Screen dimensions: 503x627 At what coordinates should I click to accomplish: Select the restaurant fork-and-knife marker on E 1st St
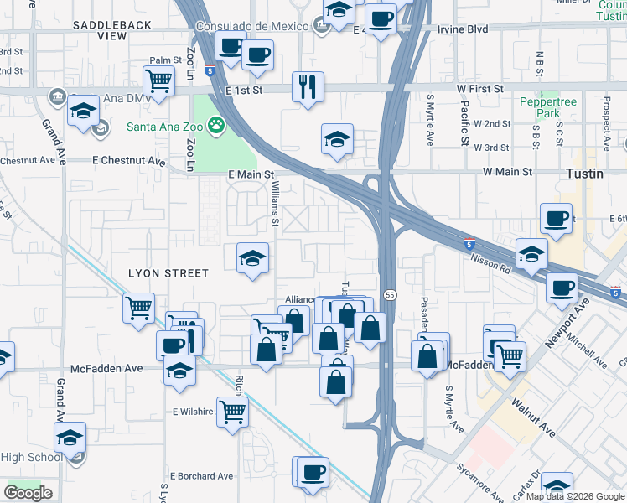(x=308, y=86)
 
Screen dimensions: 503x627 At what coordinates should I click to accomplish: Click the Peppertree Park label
(x=549, y=107)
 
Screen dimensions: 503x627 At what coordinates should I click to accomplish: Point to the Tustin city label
(x=583, y=173)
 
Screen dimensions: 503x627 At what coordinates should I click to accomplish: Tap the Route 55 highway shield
(x=391, y=295)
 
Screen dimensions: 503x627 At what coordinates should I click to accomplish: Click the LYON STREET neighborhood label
(x=168, y=273)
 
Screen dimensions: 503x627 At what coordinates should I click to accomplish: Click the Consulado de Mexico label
(x=251, y=26)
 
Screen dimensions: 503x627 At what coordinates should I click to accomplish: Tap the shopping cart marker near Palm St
(x=158, y=81)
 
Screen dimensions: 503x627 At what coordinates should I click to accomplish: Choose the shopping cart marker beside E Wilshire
(x=232, y=411)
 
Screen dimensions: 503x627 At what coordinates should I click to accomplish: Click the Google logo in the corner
(x=28, y=492)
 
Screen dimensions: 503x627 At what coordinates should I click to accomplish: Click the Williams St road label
(x=275, y=207)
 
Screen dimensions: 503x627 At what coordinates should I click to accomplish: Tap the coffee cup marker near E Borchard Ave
(x=313, y=471)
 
